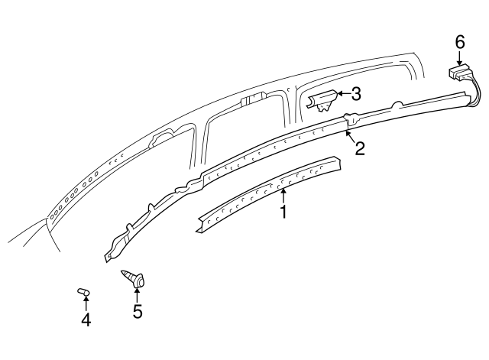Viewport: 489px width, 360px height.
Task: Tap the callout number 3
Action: [x=355, y=95]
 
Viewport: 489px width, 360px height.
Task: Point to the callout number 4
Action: [x=86, y=320]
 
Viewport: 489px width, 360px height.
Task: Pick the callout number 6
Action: [x=460, y=42]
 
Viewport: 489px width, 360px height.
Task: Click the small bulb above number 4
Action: [x=83, y=292]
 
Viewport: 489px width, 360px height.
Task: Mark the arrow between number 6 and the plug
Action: [x=460, y=57]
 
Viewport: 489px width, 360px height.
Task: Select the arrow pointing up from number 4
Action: [x=86, y=306]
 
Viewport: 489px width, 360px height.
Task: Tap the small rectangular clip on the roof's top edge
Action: [x=251, y=100]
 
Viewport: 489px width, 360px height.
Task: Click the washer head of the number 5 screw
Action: [x=138, y=283]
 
